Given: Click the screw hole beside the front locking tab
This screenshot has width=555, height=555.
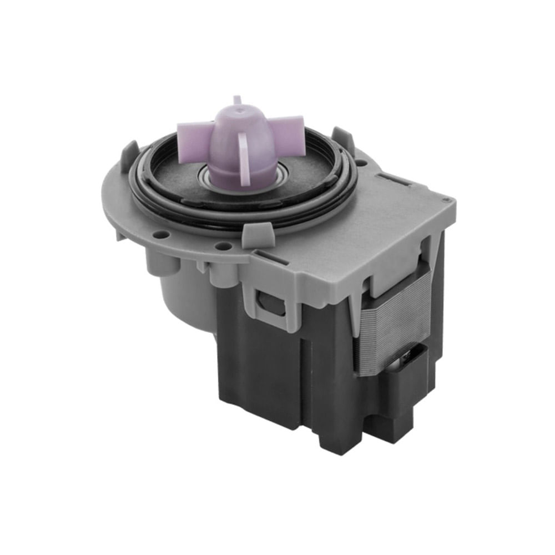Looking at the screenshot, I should pyautogui.click(x=223, y=246).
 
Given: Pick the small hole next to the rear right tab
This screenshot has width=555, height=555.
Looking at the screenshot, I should pyautogui.click(x=361, y=163).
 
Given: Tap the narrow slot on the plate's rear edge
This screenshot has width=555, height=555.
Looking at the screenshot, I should pyautogui.click(x=396, y=179).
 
